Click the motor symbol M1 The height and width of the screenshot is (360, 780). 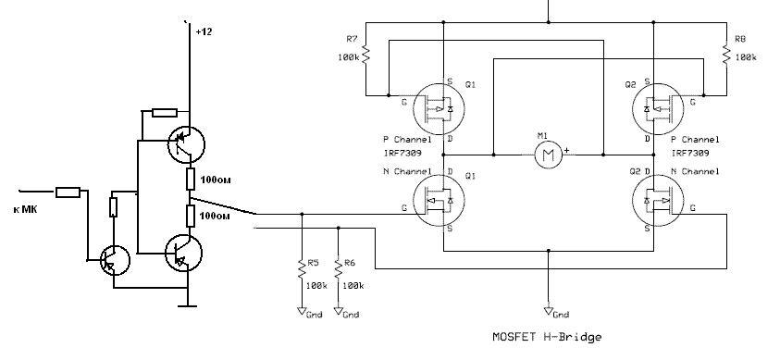point(548,155)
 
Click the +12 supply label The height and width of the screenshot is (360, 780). point(204,31)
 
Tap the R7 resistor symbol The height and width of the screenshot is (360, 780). point(366,55)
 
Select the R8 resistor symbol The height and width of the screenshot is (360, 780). point(726,55)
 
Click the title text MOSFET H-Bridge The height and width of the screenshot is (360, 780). point(547,337)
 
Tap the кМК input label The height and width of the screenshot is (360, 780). point(25,209)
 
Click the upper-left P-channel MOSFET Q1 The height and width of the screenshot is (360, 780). point(439,109)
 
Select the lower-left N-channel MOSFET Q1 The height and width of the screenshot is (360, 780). point(439,200)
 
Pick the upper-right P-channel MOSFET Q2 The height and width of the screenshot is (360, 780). point(658,109)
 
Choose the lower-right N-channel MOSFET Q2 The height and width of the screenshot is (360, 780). point(658,200)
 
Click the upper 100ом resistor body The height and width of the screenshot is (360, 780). point(190,179)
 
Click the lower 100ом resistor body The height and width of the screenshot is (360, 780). point(190,216)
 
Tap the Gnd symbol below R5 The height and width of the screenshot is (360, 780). point(301,311)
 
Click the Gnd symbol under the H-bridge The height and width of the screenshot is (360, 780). point(548,311)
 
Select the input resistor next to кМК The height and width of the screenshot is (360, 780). point(68,192)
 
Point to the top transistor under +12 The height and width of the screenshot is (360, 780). point(186,144)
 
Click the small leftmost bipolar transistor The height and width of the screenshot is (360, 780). point(115,260)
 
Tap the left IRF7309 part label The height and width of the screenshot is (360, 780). point(402,153)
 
